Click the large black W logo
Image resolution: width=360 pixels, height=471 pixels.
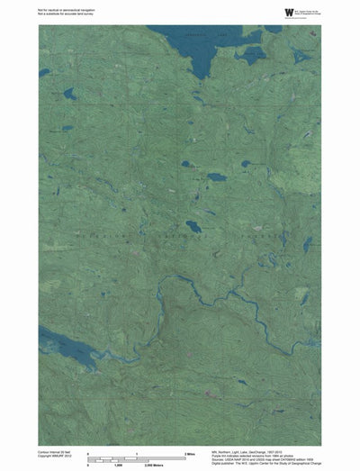pos(289,12)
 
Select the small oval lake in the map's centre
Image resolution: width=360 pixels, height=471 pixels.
pos(193,226)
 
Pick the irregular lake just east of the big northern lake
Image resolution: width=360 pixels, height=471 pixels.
pos(252,53)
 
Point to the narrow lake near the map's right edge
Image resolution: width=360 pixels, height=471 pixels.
pos(307,244)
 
